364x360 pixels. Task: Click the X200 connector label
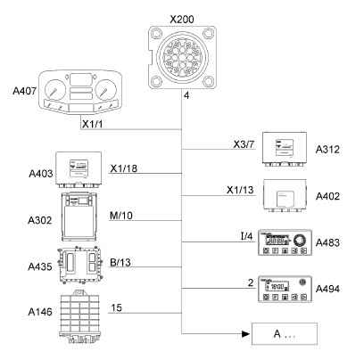coord(182,20)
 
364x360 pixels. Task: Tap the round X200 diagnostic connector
coord(182,57)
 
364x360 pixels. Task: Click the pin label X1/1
coord(93,124)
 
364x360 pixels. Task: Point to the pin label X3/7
coord(244,144)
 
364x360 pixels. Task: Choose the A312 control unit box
coord(285,149)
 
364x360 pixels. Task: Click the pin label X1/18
coord(124,168)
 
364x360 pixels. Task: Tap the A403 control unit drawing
coord(79,169)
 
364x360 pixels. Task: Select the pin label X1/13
coord(240,190)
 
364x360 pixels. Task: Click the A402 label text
coord(327,196)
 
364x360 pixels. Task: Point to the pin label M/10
coord(121,216)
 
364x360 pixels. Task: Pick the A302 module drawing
coord(79,217)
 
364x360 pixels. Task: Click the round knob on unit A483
coord(299,240)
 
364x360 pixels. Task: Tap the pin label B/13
coord(120,262)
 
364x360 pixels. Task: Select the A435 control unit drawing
coord(79,266)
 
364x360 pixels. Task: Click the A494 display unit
coord(285,289)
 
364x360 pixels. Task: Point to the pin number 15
coord(117,307)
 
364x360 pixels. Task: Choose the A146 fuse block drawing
coord(79,316)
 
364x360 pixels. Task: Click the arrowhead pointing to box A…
coord(245,334)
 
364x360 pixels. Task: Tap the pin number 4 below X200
coord(186,95)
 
